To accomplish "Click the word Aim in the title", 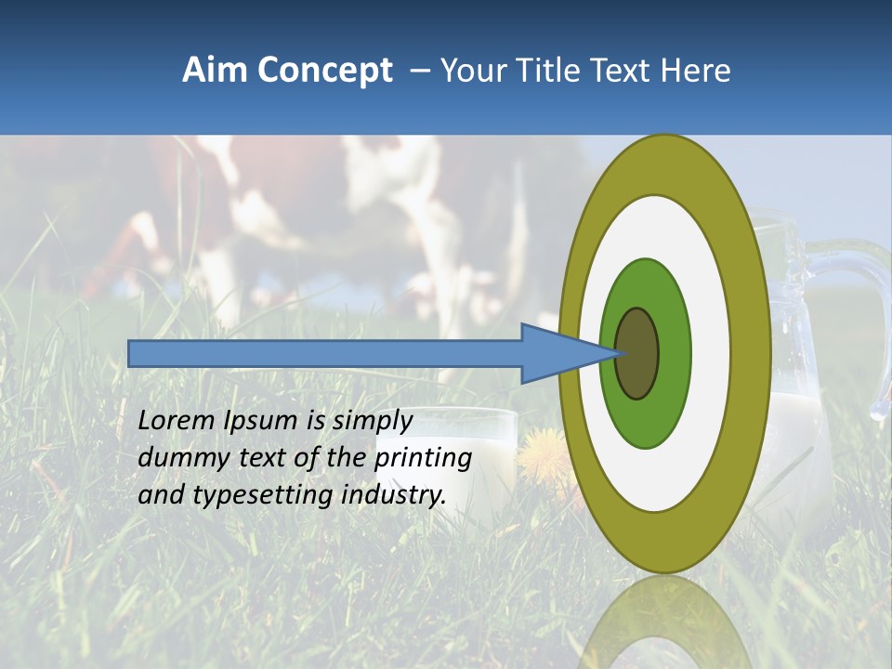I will [216, 71].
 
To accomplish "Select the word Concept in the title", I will [325, 71].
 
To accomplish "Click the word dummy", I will [180, 458].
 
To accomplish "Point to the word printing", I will [423, 459].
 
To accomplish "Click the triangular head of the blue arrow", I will [557, 354].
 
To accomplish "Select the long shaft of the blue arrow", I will [325, 354].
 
